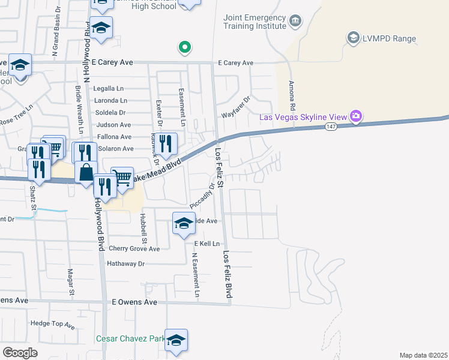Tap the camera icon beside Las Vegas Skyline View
coord(356,115)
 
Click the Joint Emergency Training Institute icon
coord(295,22)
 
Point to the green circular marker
coord(185,47)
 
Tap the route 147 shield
coord(331,127)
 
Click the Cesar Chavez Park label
coord(130,339)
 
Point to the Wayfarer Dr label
coord(236,107)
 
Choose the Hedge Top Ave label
coord(52,325)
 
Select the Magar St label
coord(71,283)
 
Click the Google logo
coord(20,352)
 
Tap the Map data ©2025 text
coord(423,355)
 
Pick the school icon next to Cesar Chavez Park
coord(176,340)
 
